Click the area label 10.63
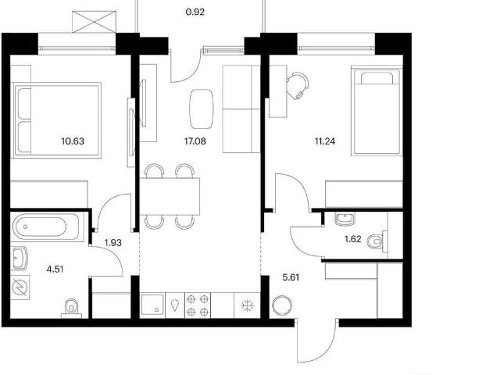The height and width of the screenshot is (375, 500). click(x=73, y=141)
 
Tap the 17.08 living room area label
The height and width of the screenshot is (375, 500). click(x=195, y=141)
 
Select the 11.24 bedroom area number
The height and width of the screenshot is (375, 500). click(x=325, y=141)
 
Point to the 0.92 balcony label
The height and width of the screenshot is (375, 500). click(x=195, y=12)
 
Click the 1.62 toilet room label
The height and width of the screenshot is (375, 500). click(x=353, y=239)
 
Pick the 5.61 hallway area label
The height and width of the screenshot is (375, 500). click(x=291, y=277)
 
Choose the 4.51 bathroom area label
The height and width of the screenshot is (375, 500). click(x=55, y=270)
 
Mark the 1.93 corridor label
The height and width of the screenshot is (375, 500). click(x=112, y=243)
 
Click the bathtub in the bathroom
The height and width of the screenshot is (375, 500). click(x=45, y=227)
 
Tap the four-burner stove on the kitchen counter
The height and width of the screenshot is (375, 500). click(x=198, y=305)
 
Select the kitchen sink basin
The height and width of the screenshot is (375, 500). click(x=152, y=305)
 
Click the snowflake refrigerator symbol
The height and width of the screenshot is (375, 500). click(x=248, y=305)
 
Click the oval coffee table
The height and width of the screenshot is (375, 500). click(x=202, y=109)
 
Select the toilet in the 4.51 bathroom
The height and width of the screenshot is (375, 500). click(x=71, y=309)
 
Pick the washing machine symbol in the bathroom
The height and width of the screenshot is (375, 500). click(x=20, y=288)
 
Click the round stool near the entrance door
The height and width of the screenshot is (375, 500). click(x=282, y=305)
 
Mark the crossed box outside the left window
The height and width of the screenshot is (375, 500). click(x=94, y=22)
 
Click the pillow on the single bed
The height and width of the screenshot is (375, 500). click(x=377, y=78)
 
